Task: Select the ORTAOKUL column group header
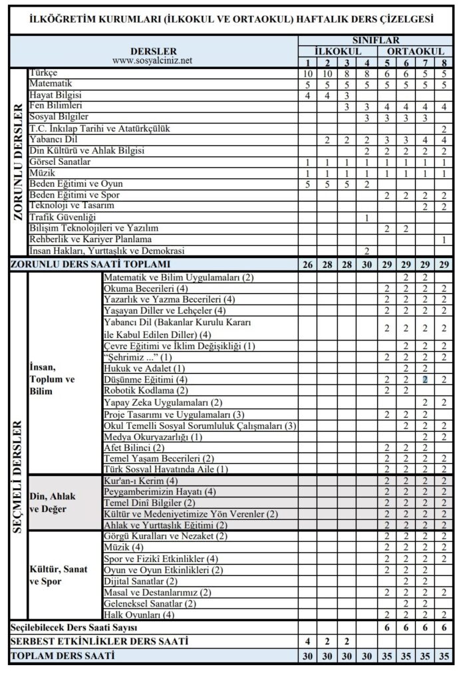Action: [x=416, y=51]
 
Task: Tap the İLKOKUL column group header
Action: [x=338, y=51]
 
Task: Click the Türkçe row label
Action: [x=43, y=72]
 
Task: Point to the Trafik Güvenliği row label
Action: [x=63, y=217]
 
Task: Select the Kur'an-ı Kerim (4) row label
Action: [x=141, y=480]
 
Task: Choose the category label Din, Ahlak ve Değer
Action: [x=53, y=502]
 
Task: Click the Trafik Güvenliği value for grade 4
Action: [x=367, y=217]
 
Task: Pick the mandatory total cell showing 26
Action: [x=307, y=265]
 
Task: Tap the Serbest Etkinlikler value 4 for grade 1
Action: [x=307, y=642]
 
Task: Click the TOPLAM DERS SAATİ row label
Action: [x=62, y=656]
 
